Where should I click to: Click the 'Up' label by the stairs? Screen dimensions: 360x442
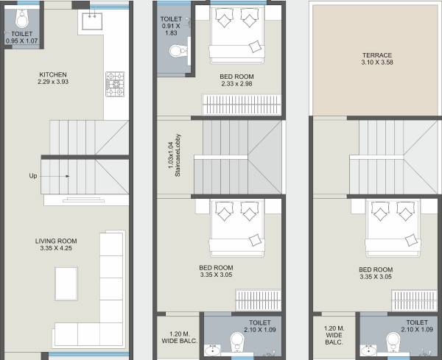pyautogui.click(x=33, y=176)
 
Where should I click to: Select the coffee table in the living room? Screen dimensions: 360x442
pyautogui.click(x=66, y=282)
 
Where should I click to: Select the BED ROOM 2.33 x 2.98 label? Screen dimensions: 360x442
pyautogui.click(x=236, y=80)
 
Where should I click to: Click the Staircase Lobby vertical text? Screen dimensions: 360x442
pyautogui.click(x=173, y=156)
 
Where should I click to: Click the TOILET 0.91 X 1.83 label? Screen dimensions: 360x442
pyautogui.click(x=171, y=27)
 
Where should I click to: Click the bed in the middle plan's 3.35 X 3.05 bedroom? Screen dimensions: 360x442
pyautogui.click(x=236, y=227)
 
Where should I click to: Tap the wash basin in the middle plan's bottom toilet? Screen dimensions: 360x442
pyautogui.click(x=214, y=350)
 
